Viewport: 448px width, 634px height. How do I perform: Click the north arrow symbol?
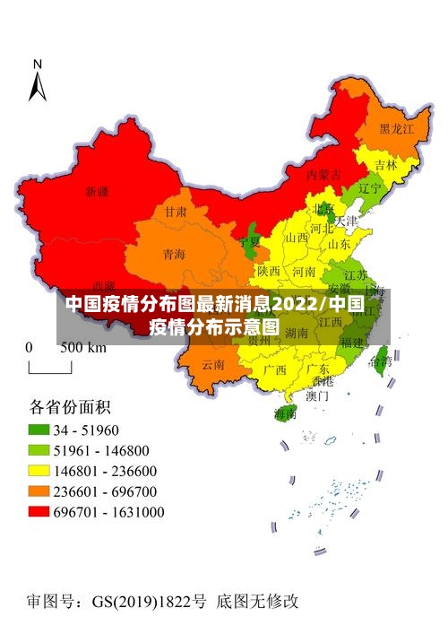(x=38, y=82)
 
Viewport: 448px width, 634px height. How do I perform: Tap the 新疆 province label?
(x=97, y=191)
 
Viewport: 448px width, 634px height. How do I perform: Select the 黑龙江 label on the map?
(x=396, y=129)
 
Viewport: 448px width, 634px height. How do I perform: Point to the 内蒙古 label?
(x=323, y=174)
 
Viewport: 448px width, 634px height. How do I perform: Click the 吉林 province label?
(x=386, y=164)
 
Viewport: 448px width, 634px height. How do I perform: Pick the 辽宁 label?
(x=369, y=189)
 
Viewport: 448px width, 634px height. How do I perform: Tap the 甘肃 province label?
(x=176, y=213)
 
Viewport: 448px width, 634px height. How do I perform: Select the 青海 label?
(x=174, y=255)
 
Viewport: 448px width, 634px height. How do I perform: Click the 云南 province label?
(x=213, y=364)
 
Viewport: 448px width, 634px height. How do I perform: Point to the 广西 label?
(x=274, y=369)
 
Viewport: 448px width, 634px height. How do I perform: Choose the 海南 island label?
(x=285, y=413)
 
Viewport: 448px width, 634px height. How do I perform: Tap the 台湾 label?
(x=381, y=361)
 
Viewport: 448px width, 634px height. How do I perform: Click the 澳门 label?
(x=317, y=394)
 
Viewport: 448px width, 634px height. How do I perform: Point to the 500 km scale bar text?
(x=83, y=347)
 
